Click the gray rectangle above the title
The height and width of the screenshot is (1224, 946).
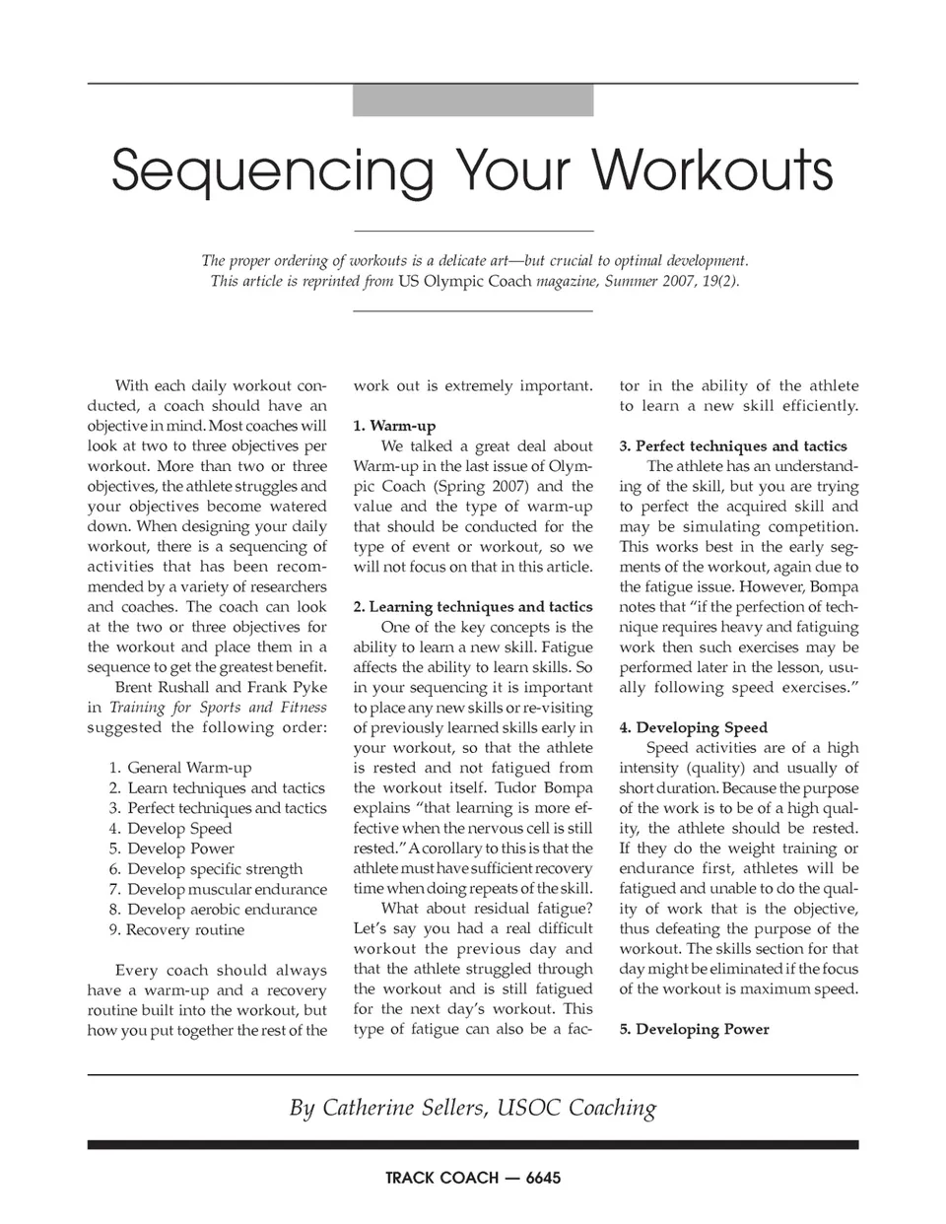click(473, 101)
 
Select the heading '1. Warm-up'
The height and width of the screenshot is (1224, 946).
click(394, 426)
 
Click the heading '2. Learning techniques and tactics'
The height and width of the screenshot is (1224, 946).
click(473, 607)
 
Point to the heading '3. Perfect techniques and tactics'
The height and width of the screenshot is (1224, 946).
click(733, 446)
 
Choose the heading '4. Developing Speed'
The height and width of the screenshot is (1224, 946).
click(693, 728)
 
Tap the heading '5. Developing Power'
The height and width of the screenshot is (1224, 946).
click(694, 1030)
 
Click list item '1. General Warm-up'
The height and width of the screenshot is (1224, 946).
click(180, 768)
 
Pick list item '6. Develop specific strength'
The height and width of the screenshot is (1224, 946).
click(206, 869)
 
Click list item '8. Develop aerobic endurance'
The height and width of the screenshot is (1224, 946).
click(213, 910)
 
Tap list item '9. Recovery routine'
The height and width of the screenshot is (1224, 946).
click(176, 929)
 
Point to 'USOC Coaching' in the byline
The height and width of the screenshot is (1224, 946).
click(577, 1108)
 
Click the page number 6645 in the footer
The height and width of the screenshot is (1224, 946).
click(544, 1178)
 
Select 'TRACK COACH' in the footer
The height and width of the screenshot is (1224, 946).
click(441, 1178)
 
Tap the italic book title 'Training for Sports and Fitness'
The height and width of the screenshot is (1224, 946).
click(218, 708)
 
